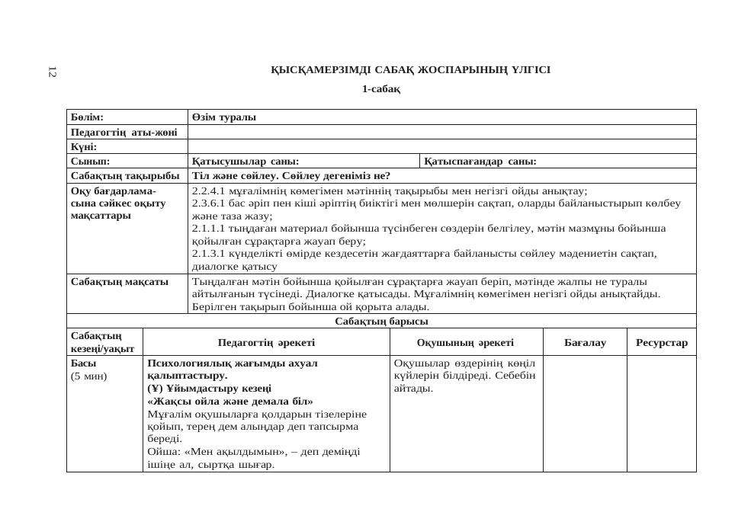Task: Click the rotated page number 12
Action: [52, 72]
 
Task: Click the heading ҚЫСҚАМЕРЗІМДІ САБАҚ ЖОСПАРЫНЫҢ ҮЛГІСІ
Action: [410, 70]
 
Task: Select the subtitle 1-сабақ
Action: [381, 89]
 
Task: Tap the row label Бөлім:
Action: [87, 117]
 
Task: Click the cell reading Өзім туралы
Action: [224, 117]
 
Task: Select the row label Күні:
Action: [84, 146]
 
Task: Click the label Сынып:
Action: [91, 162]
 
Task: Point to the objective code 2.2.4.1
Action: [208, 191]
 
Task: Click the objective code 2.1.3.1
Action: [208, 254]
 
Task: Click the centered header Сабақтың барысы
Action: [381, 321]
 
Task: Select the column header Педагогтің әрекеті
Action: [266, 343]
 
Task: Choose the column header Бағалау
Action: [585, 343]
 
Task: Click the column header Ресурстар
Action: [661, 343]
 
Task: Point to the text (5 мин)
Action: [89, 376]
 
